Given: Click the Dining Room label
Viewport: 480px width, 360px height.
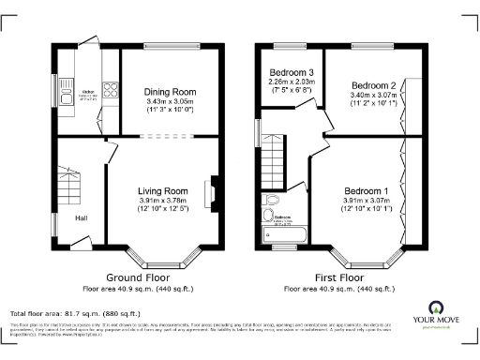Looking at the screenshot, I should coord(168,91).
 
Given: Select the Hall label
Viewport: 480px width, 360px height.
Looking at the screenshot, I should coord(82,218).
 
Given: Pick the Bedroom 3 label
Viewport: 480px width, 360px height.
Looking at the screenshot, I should coord(292,72).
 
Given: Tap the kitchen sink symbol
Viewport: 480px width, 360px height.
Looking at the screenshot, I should coord(67,94).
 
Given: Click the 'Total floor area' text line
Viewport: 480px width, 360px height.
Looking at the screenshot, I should coord(75,312).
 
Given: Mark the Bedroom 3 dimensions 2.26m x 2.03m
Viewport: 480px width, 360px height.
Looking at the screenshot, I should coord(292,82).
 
